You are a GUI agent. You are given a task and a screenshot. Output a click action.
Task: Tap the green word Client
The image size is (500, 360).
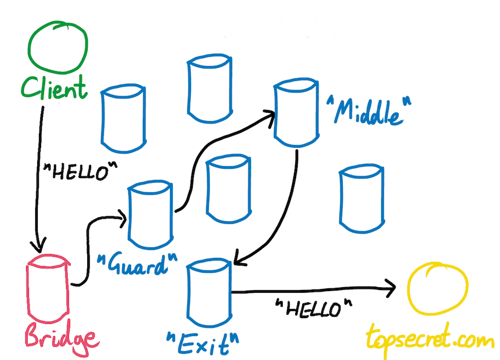pos(54,87)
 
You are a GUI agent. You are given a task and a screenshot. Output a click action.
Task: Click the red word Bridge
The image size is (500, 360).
pos(62,339)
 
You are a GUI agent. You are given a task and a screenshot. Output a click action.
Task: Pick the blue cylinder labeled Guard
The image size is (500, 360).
pos(129,214)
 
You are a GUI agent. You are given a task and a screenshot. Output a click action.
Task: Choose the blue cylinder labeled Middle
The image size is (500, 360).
pos(276,112)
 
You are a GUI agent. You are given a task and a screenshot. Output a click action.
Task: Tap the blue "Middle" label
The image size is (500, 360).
pos(369,111)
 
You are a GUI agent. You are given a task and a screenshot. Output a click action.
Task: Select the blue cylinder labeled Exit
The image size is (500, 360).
pos(188,293)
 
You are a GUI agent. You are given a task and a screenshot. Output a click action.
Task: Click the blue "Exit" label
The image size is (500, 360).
pos(203,344)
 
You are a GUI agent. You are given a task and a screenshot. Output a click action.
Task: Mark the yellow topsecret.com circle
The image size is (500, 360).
pos(409,288)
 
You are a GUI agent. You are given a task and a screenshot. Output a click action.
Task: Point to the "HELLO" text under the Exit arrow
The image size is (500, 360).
pos(314,308)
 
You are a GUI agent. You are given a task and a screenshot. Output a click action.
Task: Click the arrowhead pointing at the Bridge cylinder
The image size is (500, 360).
pos(39,246)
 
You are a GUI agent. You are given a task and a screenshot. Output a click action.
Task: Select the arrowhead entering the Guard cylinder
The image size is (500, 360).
pos(122,219)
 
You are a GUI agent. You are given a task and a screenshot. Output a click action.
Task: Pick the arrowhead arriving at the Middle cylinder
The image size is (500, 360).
pos(270,117)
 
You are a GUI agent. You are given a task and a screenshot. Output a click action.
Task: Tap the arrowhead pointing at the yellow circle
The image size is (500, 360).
pos(391,288)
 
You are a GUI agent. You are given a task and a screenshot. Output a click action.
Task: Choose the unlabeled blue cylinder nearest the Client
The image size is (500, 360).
pos(103,118)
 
